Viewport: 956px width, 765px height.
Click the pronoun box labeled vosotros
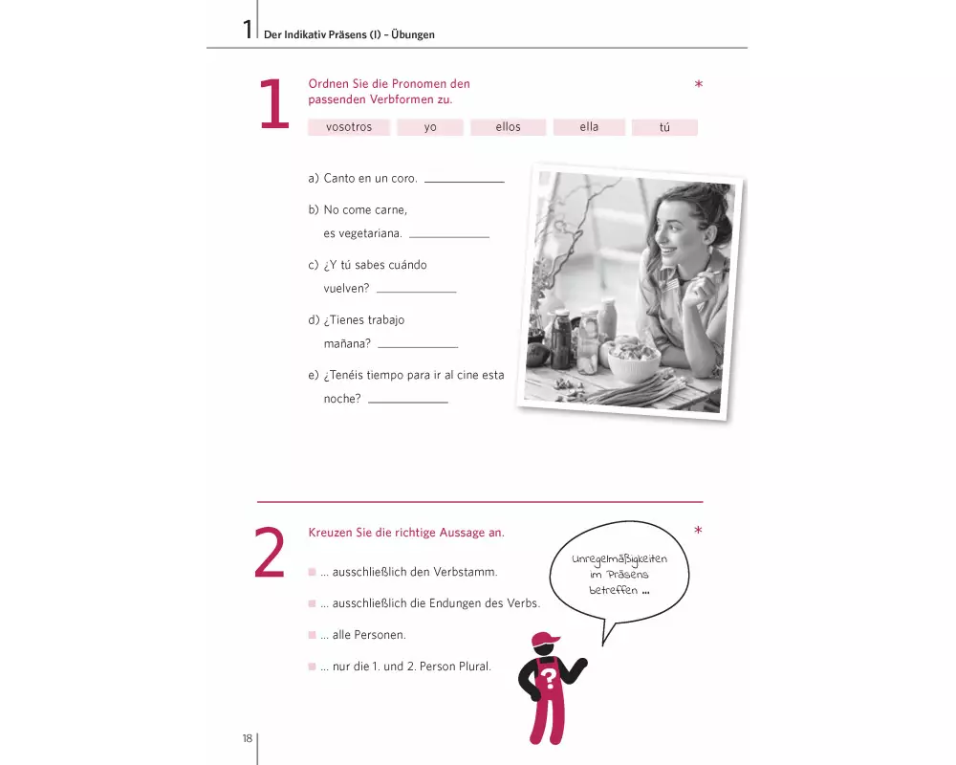(349, 127)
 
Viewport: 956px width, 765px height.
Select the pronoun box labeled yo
(430, 127)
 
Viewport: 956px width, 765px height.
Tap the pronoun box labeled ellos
(508, 127)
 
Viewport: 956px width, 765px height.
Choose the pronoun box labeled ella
(589, 127)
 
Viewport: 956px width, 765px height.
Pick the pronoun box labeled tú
(664, 127)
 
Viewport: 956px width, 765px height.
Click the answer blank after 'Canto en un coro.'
(465, 182)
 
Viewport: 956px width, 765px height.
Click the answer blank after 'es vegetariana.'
(449, 237)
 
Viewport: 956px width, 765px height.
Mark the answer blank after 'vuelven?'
(417, 292)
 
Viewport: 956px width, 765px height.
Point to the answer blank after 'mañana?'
(419, 347)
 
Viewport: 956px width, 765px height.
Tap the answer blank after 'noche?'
(408, 402)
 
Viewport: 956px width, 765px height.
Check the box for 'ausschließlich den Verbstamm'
(313, 572)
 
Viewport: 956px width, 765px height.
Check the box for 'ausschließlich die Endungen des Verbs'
(313, 603)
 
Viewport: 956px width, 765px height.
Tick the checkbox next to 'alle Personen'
(313, 635)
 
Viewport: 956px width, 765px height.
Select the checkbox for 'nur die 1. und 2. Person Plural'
(313, 667)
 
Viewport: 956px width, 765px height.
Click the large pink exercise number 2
(270, 553)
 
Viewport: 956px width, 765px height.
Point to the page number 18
(247, 738)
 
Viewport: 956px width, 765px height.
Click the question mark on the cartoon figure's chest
(548, 677)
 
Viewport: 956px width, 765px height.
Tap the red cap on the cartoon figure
(545, 640)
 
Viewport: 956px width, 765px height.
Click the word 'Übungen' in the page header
(413, 34)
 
